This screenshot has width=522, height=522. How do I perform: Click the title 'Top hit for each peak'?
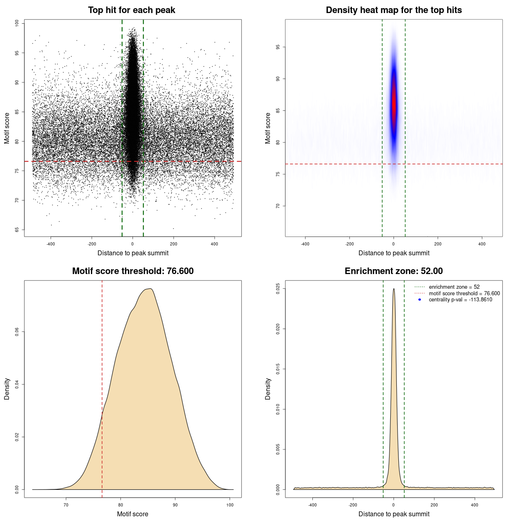tap(131, 10)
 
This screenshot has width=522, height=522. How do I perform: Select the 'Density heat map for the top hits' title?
tap(394, 10)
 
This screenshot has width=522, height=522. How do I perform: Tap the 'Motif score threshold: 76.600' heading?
tap(133, 271)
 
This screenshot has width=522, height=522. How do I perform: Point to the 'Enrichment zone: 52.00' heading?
tap(394, 271)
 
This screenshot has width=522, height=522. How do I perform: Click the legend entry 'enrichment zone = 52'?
tap(454, 287)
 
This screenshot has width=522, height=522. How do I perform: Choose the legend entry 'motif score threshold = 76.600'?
tap(464, 293)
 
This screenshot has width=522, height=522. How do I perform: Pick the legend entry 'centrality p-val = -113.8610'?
tap(460, 300)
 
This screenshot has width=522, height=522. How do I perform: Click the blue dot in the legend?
tap(420, 300)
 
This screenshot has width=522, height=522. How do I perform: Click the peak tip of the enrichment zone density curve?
tap(394, 289)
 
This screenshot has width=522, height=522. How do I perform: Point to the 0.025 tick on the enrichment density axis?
tap(278, 289)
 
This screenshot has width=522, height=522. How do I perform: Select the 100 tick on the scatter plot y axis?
tap(17, 23)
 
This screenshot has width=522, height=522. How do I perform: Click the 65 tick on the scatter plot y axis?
tap(17, 230)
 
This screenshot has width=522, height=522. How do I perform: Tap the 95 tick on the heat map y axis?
tap(278, 47)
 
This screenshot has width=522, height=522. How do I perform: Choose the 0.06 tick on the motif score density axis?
tap(17, 332)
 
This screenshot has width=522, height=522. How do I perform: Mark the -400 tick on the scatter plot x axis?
tap(51, 244)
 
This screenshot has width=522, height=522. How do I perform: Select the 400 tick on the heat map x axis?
tap(482, 244)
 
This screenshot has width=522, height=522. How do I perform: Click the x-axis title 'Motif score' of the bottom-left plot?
tap(133, 514)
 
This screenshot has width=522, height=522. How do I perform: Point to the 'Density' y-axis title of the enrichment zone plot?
tap(268, 389)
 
